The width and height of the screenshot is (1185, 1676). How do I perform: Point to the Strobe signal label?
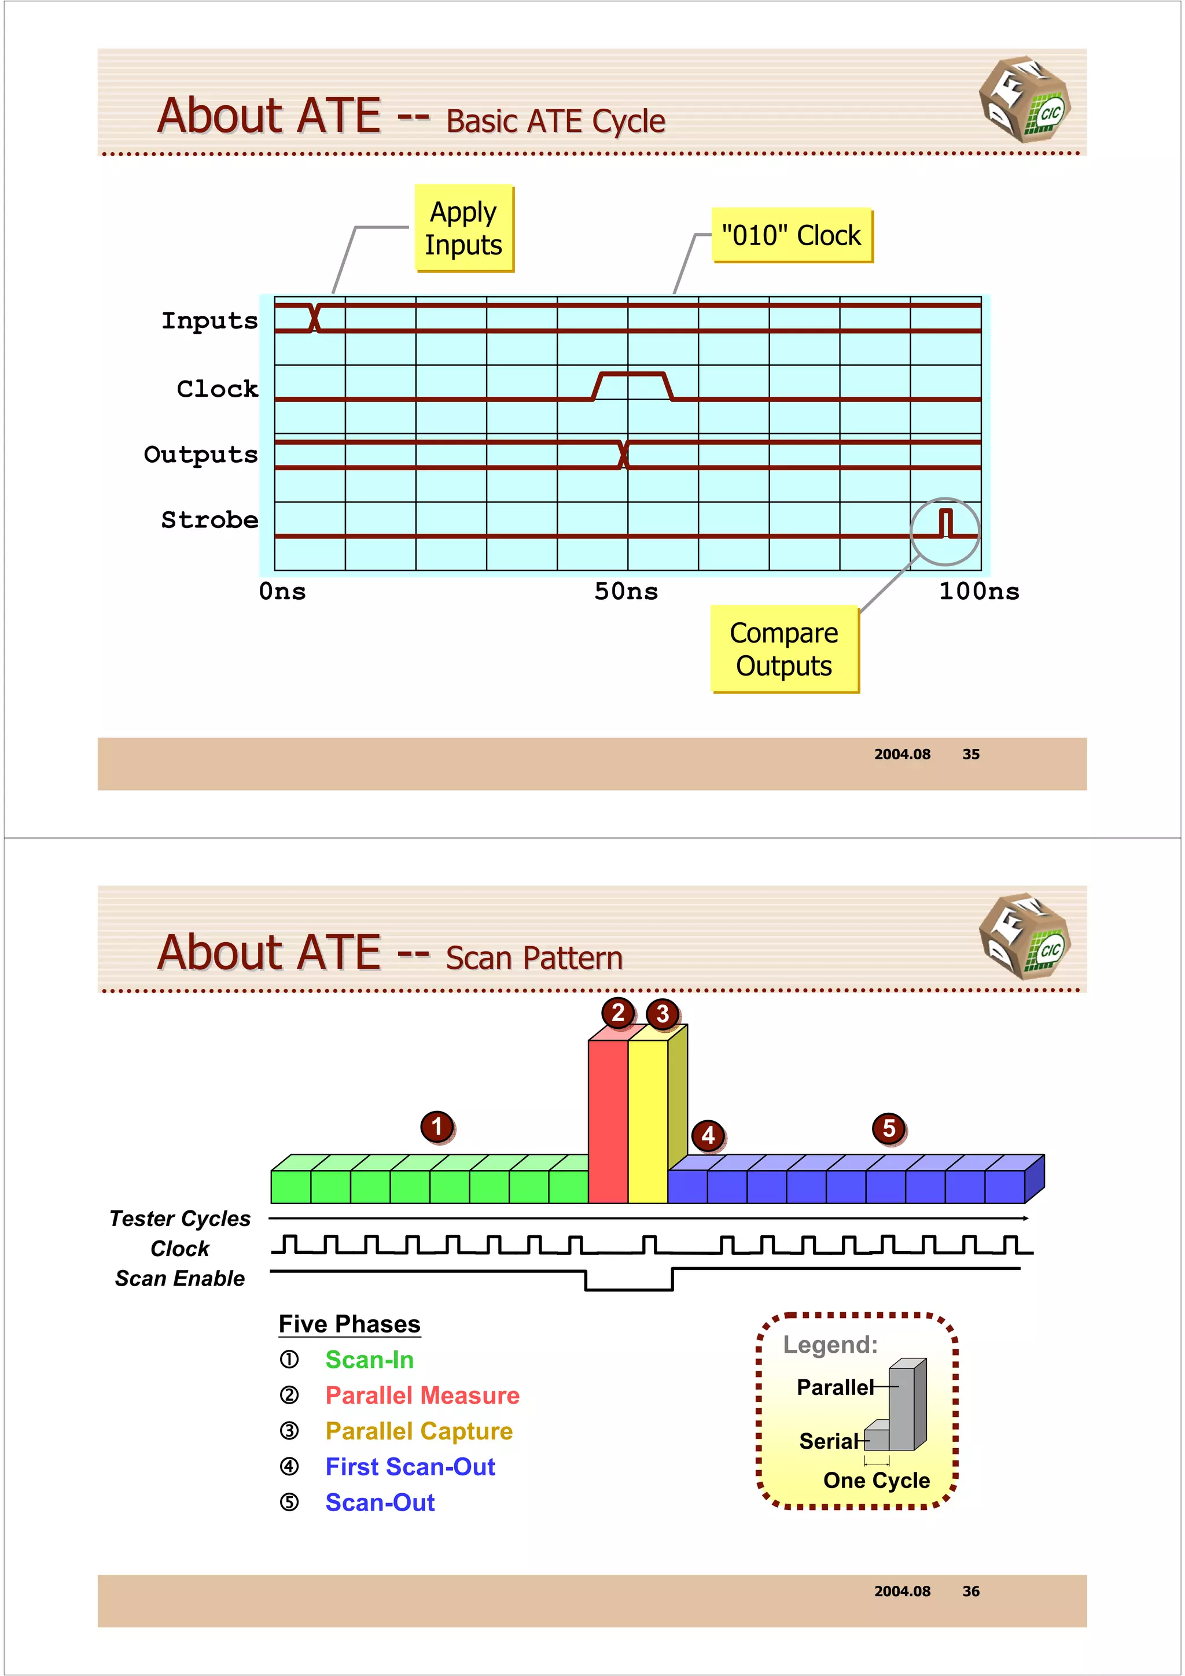[209, 520]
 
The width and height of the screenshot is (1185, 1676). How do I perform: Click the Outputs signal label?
[201, 454]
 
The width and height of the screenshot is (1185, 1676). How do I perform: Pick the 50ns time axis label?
[625, 591]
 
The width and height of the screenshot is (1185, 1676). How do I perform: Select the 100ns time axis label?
[978, 591]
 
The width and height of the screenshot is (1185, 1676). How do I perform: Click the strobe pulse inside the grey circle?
[945, 523]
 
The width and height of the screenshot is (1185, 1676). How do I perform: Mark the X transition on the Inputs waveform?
[315, 318]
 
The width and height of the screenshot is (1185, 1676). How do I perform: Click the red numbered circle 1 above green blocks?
[437, 1127]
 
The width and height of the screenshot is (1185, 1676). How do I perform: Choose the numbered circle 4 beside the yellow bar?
[708, 1135]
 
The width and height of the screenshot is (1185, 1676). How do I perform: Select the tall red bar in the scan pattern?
[608, 1120]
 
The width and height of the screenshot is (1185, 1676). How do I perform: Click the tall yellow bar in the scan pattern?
[647, 1120]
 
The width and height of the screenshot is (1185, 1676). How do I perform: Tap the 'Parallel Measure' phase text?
[422, 1395]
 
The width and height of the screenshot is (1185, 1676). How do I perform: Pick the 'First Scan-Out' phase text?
[410, 1467]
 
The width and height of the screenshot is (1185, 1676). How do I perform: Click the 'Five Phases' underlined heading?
[349, 1324]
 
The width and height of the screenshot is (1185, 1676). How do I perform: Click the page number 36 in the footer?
[970, 1592]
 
